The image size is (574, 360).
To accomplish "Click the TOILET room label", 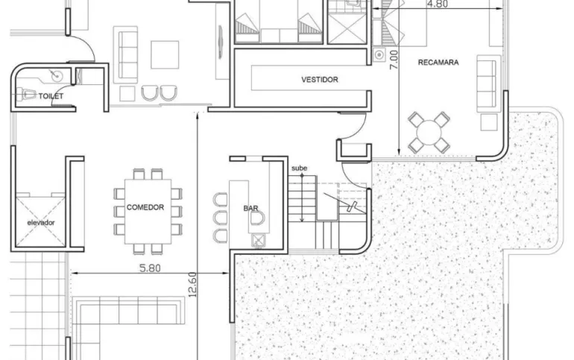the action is tap(51, 96).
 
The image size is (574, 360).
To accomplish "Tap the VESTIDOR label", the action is tap(320, 80).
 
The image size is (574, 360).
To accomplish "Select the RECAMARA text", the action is tap(438, 62).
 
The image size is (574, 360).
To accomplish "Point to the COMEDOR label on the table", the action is tap(145, 207).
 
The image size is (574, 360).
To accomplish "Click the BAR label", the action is tap(250, 208).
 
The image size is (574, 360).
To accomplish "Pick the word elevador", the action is tap(41, 222).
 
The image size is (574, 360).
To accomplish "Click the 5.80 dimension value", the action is tap(150, 268).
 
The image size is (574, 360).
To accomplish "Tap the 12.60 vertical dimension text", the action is tap(192, 284).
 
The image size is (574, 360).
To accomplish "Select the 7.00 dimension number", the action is tap(394, 60).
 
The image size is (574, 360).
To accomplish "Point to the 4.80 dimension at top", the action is tap(438, 4).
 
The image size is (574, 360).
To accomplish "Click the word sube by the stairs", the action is tap(299, 168).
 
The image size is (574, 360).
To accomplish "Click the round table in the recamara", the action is tap(429, 132).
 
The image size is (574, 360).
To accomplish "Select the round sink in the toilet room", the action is tap(57, 76).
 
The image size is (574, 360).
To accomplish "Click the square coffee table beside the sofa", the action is tap(165, 54).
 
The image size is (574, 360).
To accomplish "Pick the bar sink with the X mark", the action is tap(258, 240).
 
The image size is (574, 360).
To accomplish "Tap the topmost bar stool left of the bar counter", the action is tap(220, 200).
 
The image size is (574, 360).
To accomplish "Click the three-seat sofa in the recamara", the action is tap(488, 83).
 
